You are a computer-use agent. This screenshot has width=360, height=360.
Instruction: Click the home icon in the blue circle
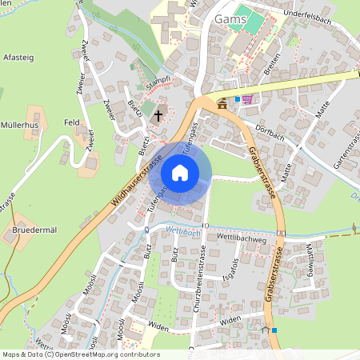[180, 173]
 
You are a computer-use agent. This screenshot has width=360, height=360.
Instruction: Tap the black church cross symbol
[158, 115]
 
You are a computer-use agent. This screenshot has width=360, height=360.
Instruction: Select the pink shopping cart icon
[247, 99]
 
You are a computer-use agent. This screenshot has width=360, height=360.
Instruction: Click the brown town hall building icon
[222, 103]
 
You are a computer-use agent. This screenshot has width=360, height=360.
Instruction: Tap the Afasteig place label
[18, 58]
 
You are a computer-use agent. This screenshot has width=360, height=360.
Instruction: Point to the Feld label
[72, 122]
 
